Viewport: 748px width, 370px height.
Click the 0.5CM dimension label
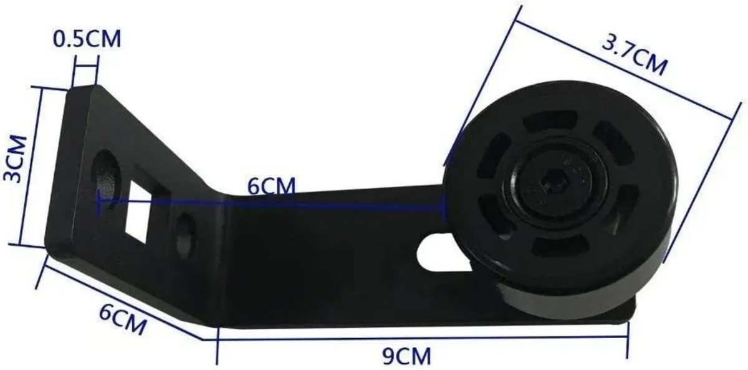pyautogui.click(x=87, y=39)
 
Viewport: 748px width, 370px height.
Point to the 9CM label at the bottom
pyautogui.click(x=406, y=356)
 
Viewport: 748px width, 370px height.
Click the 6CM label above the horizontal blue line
pyautogui.click(x=271, y=186)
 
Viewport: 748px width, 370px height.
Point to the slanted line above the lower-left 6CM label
pyautogui.click(x=125, y=302)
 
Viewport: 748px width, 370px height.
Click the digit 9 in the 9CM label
pyautogui.click(x=388, y=356)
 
